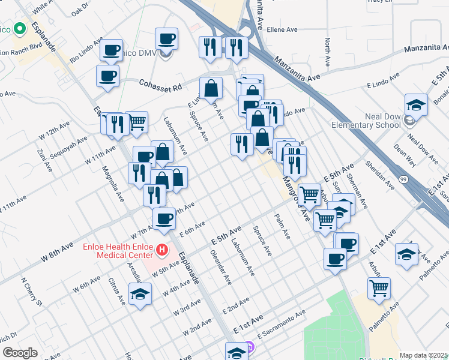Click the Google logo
(20, 352)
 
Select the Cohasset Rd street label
(160, 86)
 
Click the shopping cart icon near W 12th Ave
(137, 122)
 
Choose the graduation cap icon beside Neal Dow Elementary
(416, 104)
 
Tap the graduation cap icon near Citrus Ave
(140, 294)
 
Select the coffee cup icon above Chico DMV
(166, 39)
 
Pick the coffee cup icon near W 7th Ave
(164, 219)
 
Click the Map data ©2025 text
(424, 355)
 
